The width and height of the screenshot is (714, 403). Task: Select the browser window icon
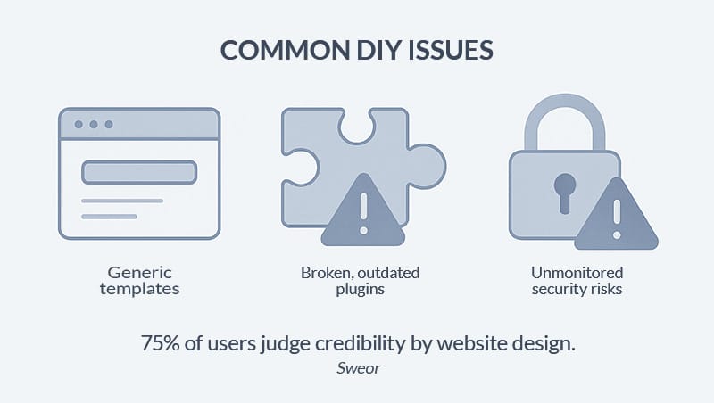point(139,173)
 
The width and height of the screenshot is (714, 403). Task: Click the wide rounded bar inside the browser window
point(139,171)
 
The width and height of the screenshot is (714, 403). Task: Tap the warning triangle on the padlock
point(616,216)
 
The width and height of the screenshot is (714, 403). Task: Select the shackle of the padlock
point(564,120)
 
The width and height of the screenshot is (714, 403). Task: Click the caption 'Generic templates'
point(139,280)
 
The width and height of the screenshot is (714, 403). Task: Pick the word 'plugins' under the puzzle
point(361,289)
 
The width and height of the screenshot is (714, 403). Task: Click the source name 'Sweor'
point(357,367)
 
